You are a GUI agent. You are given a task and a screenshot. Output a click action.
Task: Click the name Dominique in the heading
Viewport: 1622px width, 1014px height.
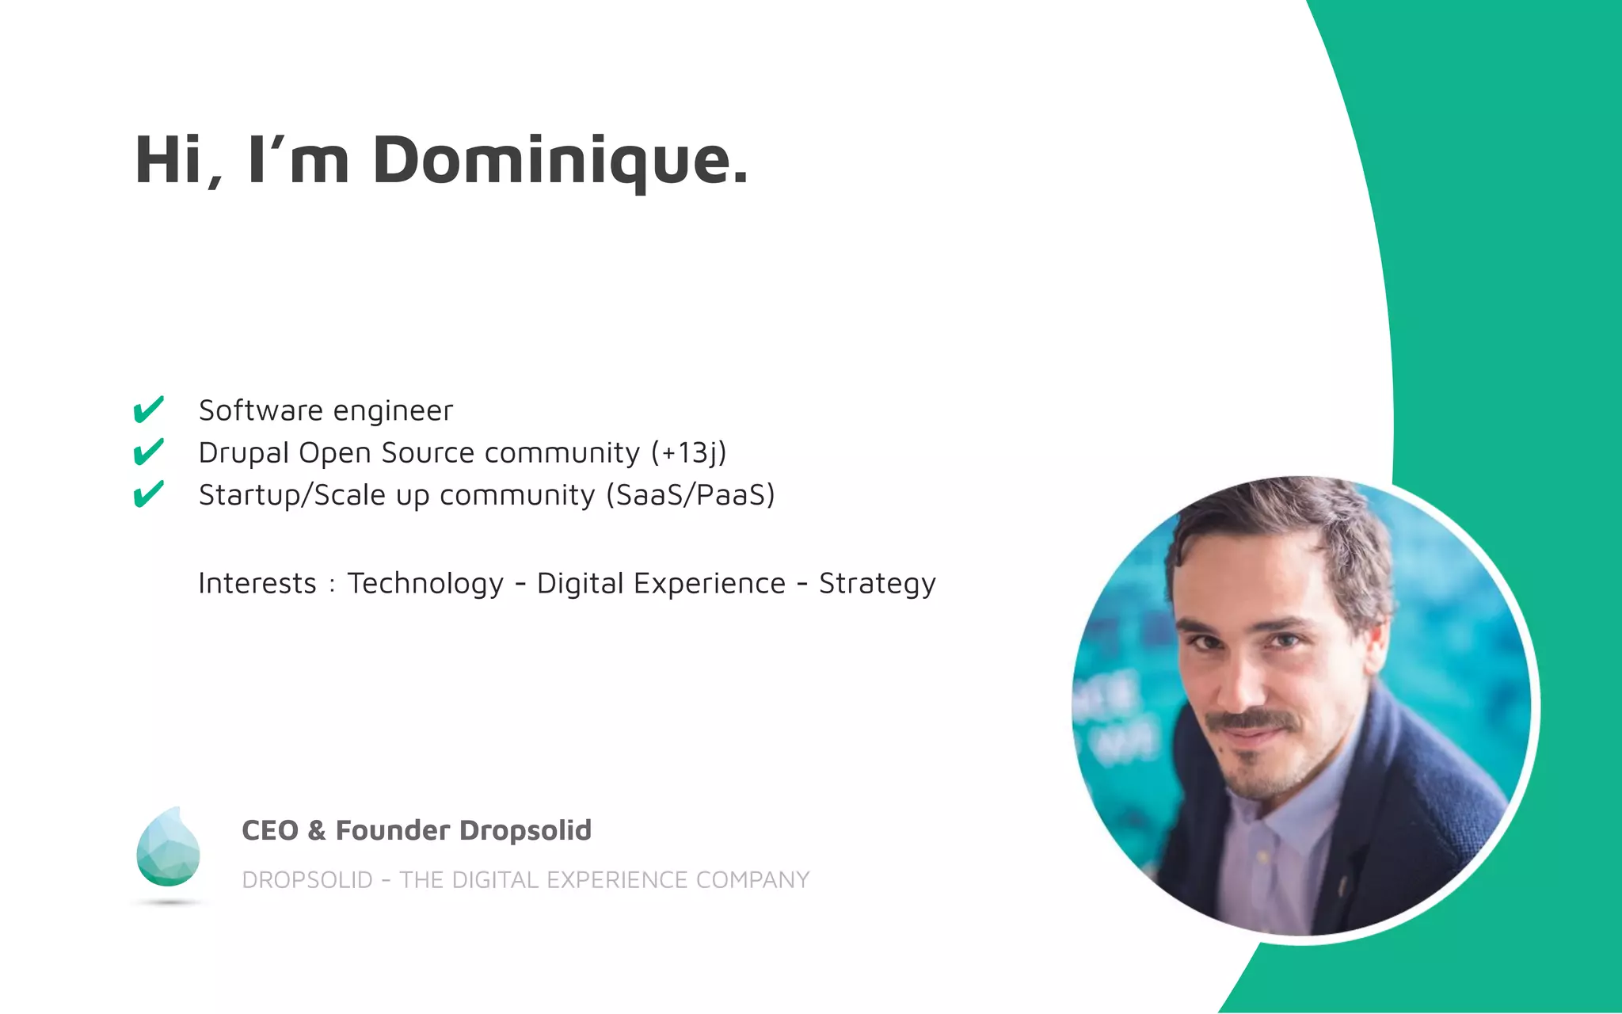[x=559, y=162]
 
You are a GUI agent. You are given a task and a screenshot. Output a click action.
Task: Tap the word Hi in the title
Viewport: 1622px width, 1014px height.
[x=169, y=162]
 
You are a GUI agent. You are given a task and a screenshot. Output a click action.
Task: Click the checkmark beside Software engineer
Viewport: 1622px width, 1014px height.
[x=148, y=410]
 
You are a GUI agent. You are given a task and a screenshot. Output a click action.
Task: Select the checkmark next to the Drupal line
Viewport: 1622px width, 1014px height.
[x=148, y=452]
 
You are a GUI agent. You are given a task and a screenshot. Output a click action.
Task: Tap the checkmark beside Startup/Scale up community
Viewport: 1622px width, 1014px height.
[x=148, y=494]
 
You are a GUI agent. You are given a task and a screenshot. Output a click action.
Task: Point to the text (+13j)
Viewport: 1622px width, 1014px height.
[x=688, y=453]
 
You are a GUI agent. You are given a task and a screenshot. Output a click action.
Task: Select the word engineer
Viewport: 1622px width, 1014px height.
[x=393, y=411]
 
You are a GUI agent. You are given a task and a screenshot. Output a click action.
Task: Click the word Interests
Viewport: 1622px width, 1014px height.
[x=257, y=584]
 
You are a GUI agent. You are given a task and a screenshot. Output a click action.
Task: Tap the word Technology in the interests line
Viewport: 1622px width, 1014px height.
[x=425, y=584]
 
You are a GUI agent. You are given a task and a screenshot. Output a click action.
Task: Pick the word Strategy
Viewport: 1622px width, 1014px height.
[x=877, y=584]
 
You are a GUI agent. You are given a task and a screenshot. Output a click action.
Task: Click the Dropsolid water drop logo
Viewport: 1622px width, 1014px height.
[x=168, y=848]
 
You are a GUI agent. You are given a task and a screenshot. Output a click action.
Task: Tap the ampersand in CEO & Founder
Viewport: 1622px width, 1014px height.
[x=317, y=830]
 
